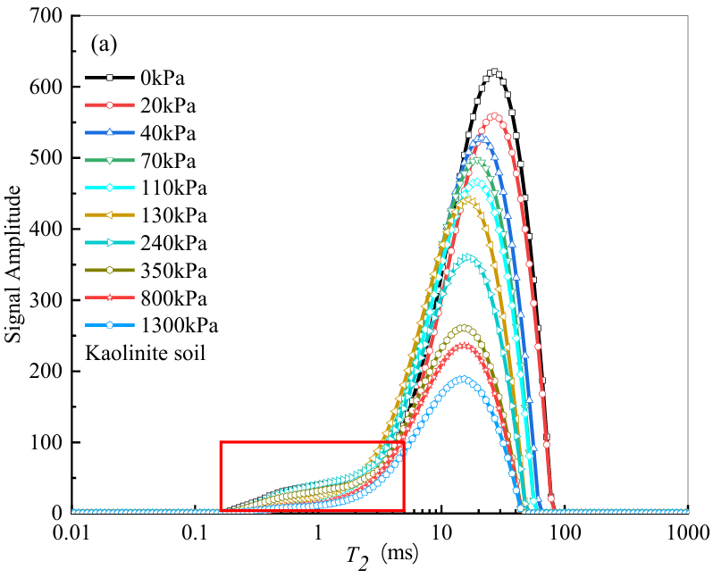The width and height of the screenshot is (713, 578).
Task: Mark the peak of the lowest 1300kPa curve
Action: click(x=461, y=379)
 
